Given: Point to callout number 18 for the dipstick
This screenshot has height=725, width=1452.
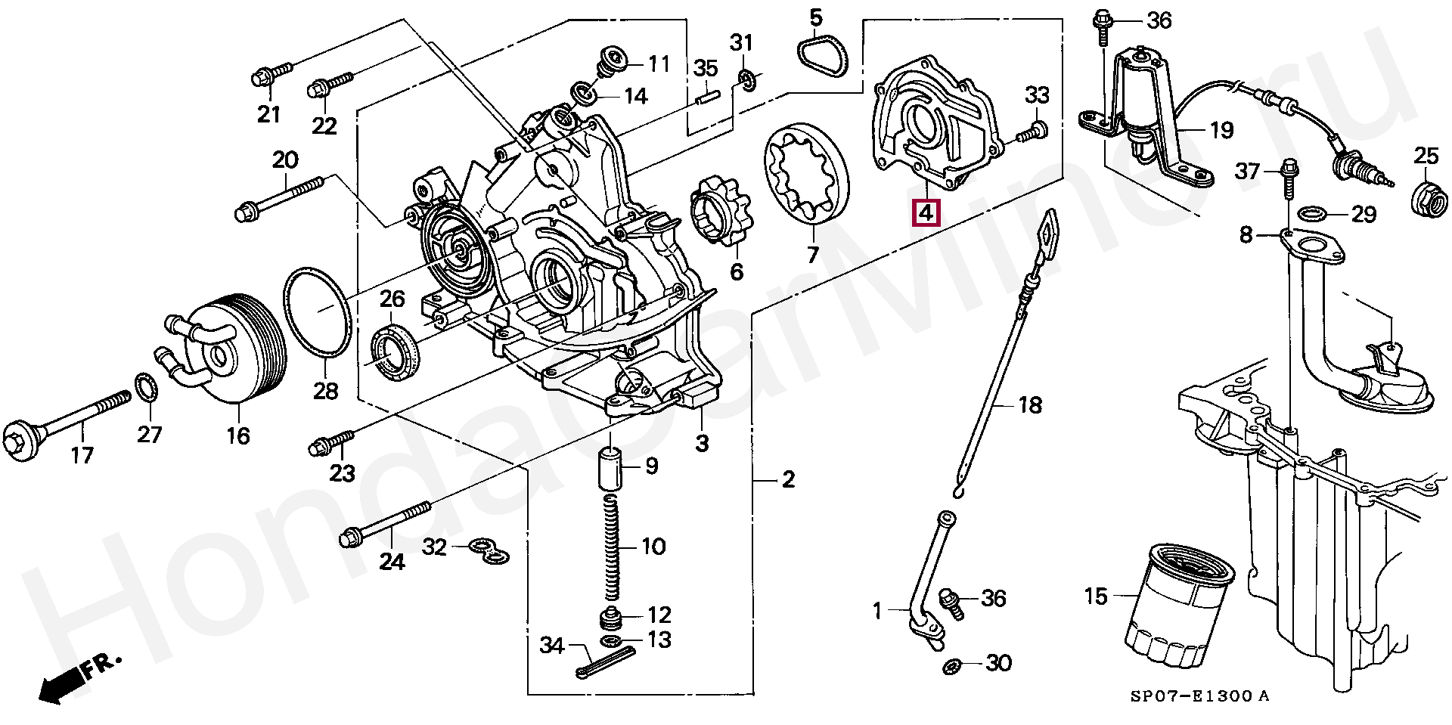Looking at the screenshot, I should click(x=1029, y=405).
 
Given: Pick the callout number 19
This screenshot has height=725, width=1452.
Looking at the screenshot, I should click(x=1221, y=130).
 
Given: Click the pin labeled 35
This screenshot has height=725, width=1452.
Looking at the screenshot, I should click(x=706, y=98).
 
